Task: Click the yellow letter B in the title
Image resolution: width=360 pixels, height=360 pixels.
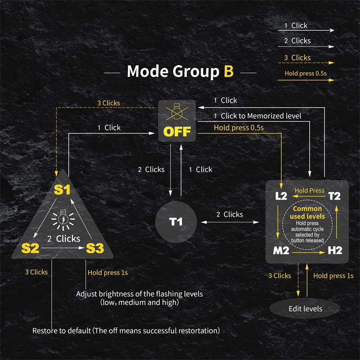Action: (x=229, y=72)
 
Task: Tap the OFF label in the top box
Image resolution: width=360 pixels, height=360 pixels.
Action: (x=177, y=131)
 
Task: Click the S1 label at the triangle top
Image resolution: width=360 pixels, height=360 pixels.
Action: (x=62, y=190)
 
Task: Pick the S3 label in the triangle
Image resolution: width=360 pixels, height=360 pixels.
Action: (x=94, y=247)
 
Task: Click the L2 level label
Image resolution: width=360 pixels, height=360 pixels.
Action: (x=281, y=196)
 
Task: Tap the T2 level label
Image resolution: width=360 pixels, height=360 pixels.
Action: (x=334, y=196)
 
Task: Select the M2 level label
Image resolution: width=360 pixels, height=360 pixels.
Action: (x=281, y=250)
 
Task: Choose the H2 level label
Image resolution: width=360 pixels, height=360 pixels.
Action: (x=335, y=250)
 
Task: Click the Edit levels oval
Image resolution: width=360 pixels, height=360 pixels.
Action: (x=306, y=309)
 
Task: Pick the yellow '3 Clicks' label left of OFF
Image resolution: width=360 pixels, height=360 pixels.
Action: (x=108, y=103)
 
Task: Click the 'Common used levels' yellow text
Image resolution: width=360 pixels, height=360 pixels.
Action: (x=307, y=213)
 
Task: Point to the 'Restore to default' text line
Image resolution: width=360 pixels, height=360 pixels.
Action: (x=126, y=331)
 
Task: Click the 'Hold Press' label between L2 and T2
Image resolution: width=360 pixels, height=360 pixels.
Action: (x=309, y=190)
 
